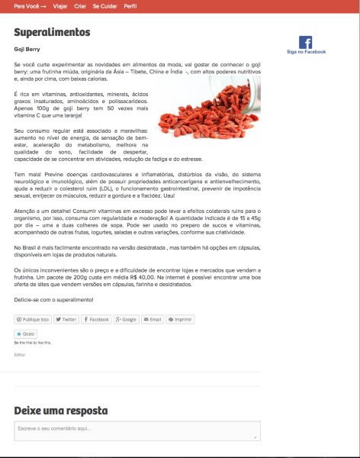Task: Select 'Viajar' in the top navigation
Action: (60, 5)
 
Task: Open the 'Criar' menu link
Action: (80, 5)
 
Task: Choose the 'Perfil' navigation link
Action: (130, 5)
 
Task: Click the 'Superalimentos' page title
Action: (52, 33)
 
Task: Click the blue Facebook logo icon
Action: (306, 43)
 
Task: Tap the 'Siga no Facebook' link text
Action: (306, 52)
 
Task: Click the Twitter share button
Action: (66, 319)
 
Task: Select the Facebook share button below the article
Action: (96, 319)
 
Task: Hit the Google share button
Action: (126, 319)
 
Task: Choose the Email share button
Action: (152, 319)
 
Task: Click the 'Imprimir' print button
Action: (180, 319)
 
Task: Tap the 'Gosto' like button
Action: (26, 334)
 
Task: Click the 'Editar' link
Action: (20, 354)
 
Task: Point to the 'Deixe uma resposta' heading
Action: (60, 411)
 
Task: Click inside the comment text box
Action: (137, 431)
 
